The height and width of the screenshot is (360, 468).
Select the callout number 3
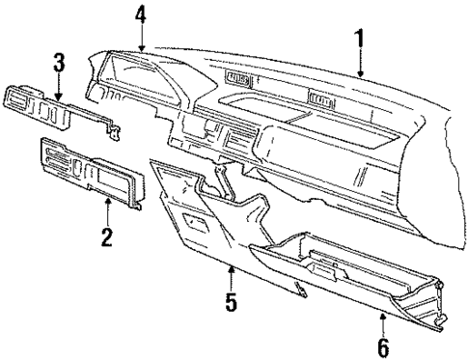point(59,68)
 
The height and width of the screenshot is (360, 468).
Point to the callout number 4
point(142,15)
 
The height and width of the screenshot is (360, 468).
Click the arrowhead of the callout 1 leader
point(359,75)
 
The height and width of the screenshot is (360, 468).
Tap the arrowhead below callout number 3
point(59,98)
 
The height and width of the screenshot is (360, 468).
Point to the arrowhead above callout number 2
point(108,199)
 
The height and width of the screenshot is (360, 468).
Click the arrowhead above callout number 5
point(232,263)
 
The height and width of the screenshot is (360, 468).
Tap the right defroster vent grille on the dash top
point(318,97)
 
